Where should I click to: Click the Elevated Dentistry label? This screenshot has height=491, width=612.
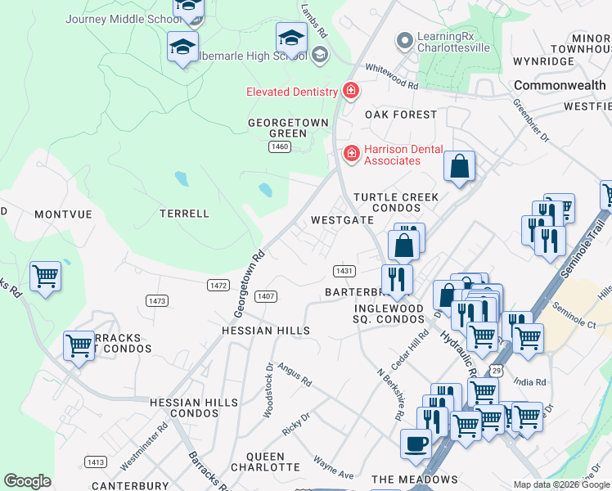tap(292, 92)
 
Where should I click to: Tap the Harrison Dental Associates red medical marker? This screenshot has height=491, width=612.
tap(352, 153)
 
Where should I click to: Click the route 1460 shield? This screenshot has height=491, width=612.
tap(280, 146)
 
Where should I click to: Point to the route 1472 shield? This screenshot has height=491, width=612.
tap(218, 285)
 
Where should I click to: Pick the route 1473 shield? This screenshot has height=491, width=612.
tap(157, 301)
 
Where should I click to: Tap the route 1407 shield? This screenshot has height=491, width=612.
tap(265, 296)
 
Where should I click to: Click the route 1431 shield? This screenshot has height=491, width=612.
tap(344, 271)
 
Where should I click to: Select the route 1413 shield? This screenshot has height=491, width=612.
tap(96, 462)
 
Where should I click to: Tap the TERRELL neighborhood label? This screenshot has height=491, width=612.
tap(184, 214)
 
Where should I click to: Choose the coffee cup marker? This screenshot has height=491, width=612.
tap(416, 444)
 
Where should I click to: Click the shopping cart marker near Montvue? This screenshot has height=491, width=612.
tap(45, 276)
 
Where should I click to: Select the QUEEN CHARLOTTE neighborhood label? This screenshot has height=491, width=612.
tap(265, 462)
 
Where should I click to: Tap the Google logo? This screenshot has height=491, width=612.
tap(27, 481)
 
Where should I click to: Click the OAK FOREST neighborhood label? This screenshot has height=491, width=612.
tap(401, 115)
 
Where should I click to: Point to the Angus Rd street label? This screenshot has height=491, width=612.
tap(295, 376)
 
